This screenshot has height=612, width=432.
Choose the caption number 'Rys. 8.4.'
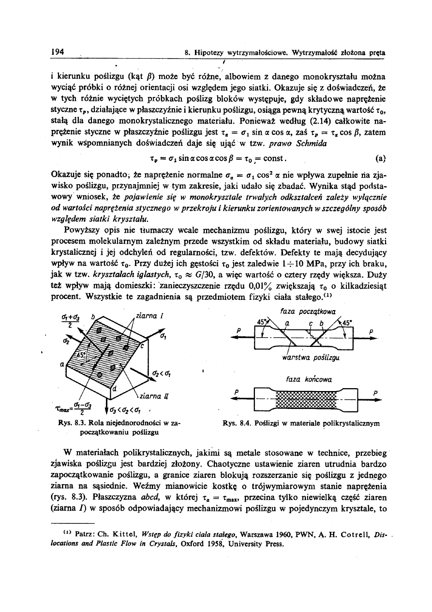[x=235, y=423]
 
